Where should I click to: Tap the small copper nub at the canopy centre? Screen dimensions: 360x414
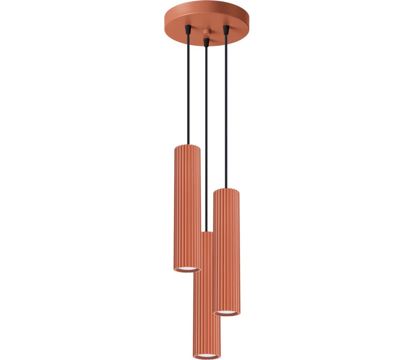coord(206,32)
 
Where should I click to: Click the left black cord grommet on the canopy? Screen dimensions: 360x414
coord(188,29)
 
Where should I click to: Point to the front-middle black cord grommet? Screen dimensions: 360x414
coord(206,42)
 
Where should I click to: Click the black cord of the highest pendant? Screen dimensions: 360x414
coord(188,90)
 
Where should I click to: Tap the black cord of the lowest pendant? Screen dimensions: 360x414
coord(206,144)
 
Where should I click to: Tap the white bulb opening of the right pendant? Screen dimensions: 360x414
coord(226,312)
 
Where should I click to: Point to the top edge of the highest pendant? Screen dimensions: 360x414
coord(187,146)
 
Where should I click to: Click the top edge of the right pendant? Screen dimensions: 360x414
coord(226,190)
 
